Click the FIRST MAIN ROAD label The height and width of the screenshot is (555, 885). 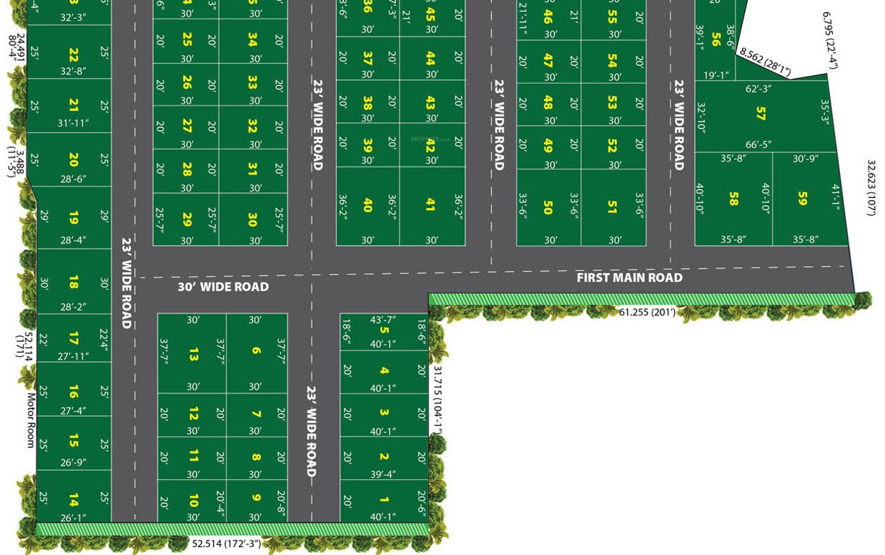pos(629,277)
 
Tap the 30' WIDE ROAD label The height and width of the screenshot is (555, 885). pos(223,287)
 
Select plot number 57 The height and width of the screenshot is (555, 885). pos(760,113)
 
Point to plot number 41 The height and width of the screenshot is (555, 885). pos(431,205)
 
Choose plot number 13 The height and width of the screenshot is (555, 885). pos(193,354)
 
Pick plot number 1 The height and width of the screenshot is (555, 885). pos(384,500)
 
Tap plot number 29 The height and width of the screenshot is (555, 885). pos(187,219)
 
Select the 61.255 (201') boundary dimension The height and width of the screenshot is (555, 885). pos(647,312)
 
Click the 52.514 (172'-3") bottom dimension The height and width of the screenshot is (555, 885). pos(226,543)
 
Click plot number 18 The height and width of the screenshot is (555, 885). pos(74,283)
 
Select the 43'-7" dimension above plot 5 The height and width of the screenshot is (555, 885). pos(384,319)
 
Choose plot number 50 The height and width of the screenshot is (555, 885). pos(547,207)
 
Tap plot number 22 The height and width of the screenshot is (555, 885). pos(74,55)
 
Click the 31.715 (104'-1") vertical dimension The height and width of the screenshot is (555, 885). pos(437,398)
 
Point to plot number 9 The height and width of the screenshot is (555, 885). pos(256,497)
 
